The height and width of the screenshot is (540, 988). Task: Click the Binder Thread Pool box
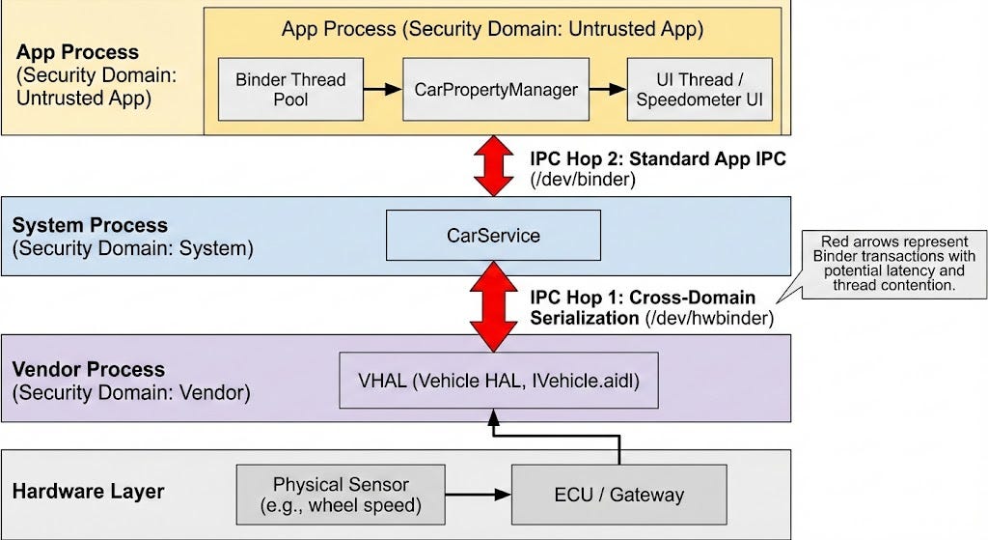tap(290, 89)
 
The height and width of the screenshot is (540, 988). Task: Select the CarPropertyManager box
tap(495, 89)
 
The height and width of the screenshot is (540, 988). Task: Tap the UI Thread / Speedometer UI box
tap(700, 89)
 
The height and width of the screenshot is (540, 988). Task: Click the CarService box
tap(493, 236)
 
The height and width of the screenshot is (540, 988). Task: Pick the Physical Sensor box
tap(341, 494)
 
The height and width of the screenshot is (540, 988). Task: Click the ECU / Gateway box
tap(618, 495)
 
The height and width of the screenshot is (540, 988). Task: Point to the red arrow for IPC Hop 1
tap(493, 306)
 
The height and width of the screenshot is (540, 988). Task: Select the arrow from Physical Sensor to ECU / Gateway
tap(478, 495)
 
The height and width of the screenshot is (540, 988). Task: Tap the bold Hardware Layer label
tap(88, 491)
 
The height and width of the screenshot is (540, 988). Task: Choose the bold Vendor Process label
tap(88, 369)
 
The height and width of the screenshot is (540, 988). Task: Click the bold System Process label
tap(89, 225)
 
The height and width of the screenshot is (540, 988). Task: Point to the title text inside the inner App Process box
tap(492, 29)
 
